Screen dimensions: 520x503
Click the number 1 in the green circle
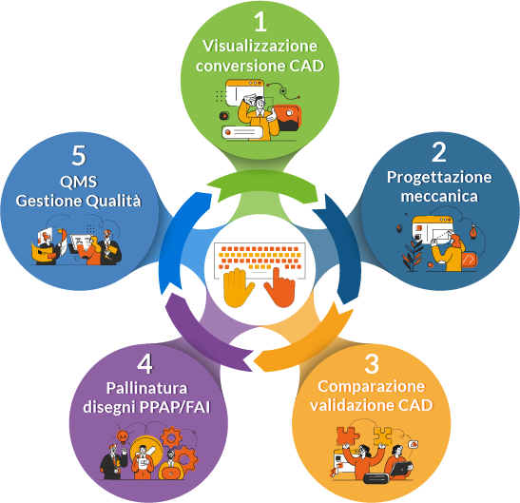(x=260, y=22)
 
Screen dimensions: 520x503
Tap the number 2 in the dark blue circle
(x=439, y=152)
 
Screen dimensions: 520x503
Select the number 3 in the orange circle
(x=372, y=364)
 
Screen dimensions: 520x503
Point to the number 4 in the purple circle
(x=144, y=364)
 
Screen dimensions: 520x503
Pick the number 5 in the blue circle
(x=79, y=155)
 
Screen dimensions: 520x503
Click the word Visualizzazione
(x=260, y=46)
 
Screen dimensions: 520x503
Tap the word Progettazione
(x=439, y=177)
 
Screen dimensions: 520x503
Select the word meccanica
(x=439, y=196)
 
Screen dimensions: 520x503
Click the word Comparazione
(x=372, y=387)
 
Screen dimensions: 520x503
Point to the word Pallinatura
(x=147, y=388)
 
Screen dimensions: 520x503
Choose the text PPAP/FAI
(x=175, y=407)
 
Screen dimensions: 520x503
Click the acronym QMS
(x=79, y=182)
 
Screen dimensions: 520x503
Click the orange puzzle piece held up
(x=347, y=436)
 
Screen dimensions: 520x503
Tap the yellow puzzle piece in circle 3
(x=383, y=436)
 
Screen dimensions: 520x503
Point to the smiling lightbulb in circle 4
(x=123, y=436)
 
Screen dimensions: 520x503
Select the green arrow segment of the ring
(x=262, y=184)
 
